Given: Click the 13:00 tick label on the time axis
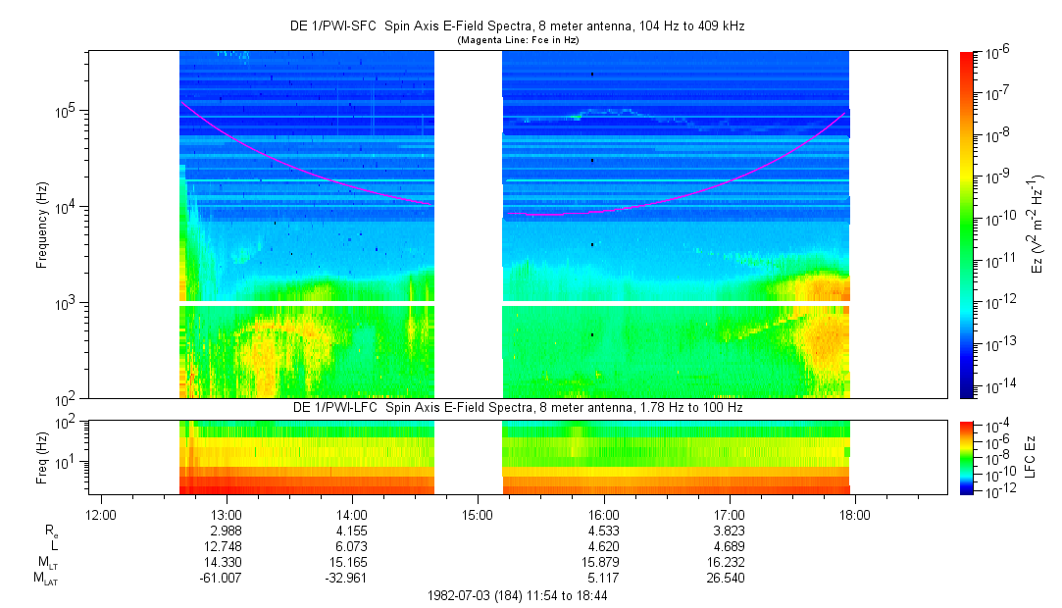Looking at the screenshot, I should [227, 514].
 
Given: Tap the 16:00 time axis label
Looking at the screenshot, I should [604, 514].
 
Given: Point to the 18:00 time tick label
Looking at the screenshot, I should [855, 514].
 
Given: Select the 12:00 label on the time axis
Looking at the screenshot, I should [101, 514].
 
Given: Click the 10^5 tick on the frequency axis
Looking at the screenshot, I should [65, 111].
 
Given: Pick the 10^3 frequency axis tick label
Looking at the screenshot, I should [65, 303].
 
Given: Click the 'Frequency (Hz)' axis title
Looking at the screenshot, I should [42, 225].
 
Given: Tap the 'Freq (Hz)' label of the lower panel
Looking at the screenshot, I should [42, 457].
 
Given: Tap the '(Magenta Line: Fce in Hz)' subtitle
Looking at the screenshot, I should [519, 40].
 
